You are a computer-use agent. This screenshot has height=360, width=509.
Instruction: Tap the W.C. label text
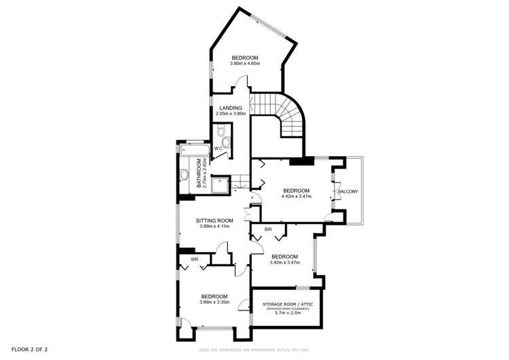tap(219, 148)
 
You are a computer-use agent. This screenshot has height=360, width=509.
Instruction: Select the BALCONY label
tap(348, 192)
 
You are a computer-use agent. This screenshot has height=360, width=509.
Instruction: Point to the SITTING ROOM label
tap(214, 221)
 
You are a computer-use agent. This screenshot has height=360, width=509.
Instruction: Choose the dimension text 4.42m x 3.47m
tap(296, 196)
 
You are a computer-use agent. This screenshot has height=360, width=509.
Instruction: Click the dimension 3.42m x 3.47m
tap(284, 262)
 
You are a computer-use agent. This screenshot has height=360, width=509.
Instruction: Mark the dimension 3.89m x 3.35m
tap(214, 302)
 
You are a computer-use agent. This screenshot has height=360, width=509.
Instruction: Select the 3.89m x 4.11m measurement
tap(214, 227)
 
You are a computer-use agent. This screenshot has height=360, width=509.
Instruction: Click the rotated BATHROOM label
tap(200, 173)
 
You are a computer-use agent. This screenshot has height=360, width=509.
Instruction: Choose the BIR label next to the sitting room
tap(194, 259)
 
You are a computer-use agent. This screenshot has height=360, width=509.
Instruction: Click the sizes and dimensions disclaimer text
tap(254, 350)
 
